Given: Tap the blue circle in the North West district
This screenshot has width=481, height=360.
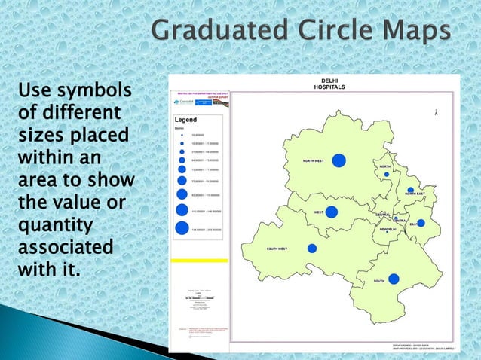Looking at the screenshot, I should pos(339,160).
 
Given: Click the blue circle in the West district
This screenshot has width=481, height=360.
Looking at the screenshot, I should pos(332,212).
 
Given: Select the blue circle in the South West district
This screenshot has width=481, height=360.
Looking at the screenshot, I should pos(312,248).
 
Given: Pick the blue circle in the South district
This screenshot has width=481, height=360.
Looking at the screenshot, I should pos(394,279).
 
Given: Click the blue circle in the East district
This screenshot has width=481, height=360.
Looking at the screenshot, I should pos(421,223).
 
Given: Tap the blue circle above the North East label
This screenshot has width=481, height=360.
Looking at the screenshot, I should pos(410,190).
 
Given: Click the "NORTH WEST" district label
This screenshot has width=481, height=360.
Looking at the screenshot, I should pos(314,161).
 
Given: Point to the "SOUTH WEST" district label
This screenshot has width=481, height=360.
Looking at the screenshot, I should pos(277,249).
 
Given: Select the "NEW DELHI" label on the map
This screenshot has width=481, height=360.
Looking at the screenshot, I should pos(388,229).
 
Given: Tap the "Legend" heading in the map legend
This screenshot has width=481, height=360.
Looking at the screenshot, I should pos(185,120).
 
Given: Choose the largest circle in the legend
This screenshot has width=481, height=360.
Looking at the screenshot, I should pos(182,227).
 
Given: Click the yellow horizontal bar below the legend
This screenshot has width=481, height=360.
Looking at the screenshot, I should pos(200,261).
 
